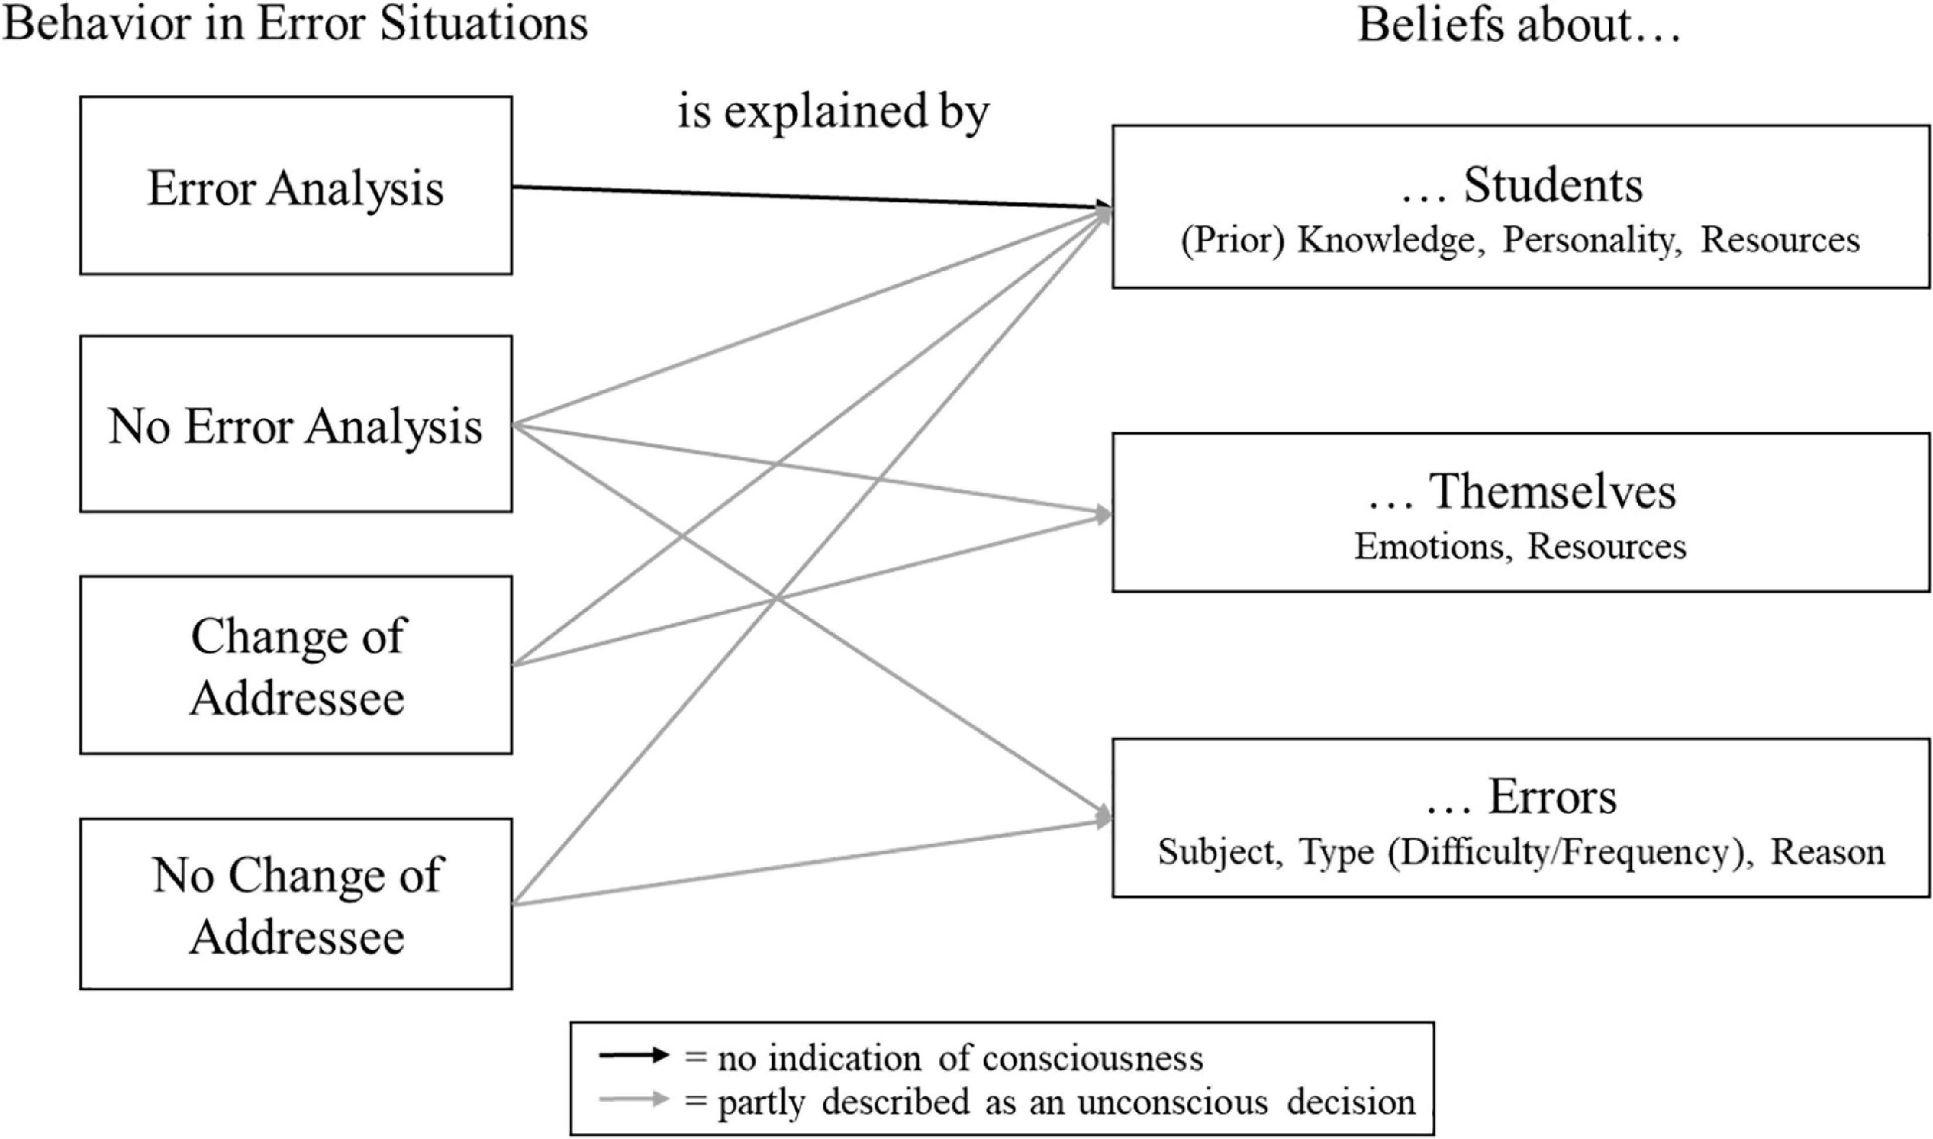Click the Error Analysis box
point(295,186)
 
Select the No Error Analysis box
point(295,424)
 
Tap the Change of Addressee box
point(295,665)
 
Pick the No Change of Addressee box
point(295,904)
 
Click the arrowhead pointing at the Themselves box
point(1104,515)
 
